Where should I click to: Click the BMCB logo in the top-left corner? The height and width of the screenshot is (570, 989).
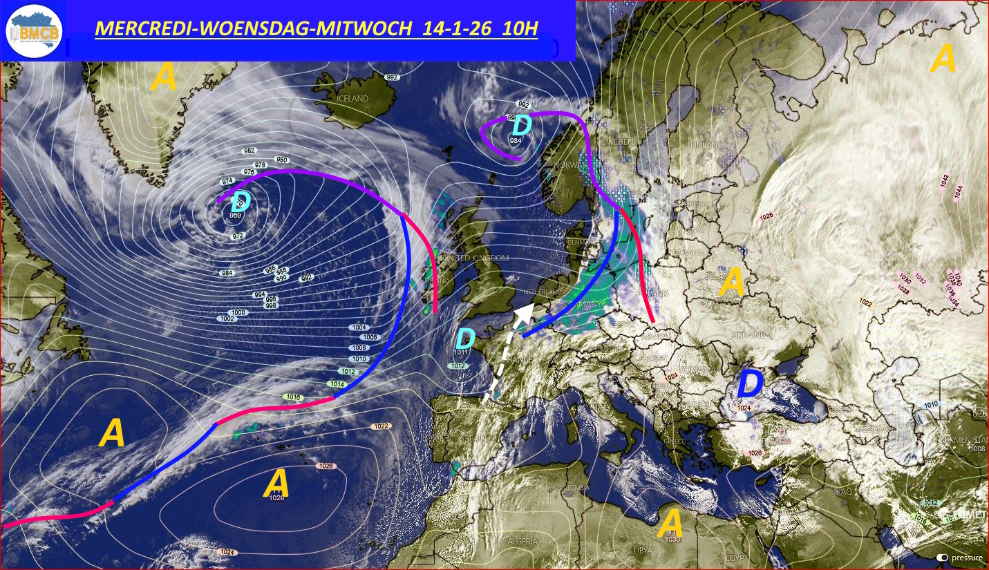coord(34,30)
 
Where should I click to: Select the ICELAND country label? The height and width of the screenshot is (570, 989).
coord(352,99)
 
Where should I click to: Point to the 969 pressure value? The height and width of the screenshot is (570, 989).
coord(236,216)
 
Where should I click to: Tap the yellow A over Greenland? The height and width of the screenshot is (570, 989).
coord(164,77)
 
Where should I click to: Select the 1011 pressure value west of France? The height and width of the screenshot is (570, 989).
coord(461,353)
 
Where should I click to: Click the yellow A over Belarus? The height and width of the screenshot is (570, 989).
coord(732,282)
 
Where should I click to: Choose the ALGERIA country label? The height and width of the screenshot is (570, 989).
coord(522,542)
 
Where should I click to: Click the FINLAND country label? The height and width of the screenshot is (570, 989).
coord(706,145)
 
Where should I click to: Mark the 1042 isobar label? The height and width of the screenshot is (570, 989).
coord(945,181)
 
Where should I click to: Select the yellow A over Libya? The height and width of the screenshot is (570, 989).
coord(670,523)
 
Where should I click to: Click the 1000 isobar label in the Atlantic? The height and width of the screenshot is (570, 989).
coord(238,313)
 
